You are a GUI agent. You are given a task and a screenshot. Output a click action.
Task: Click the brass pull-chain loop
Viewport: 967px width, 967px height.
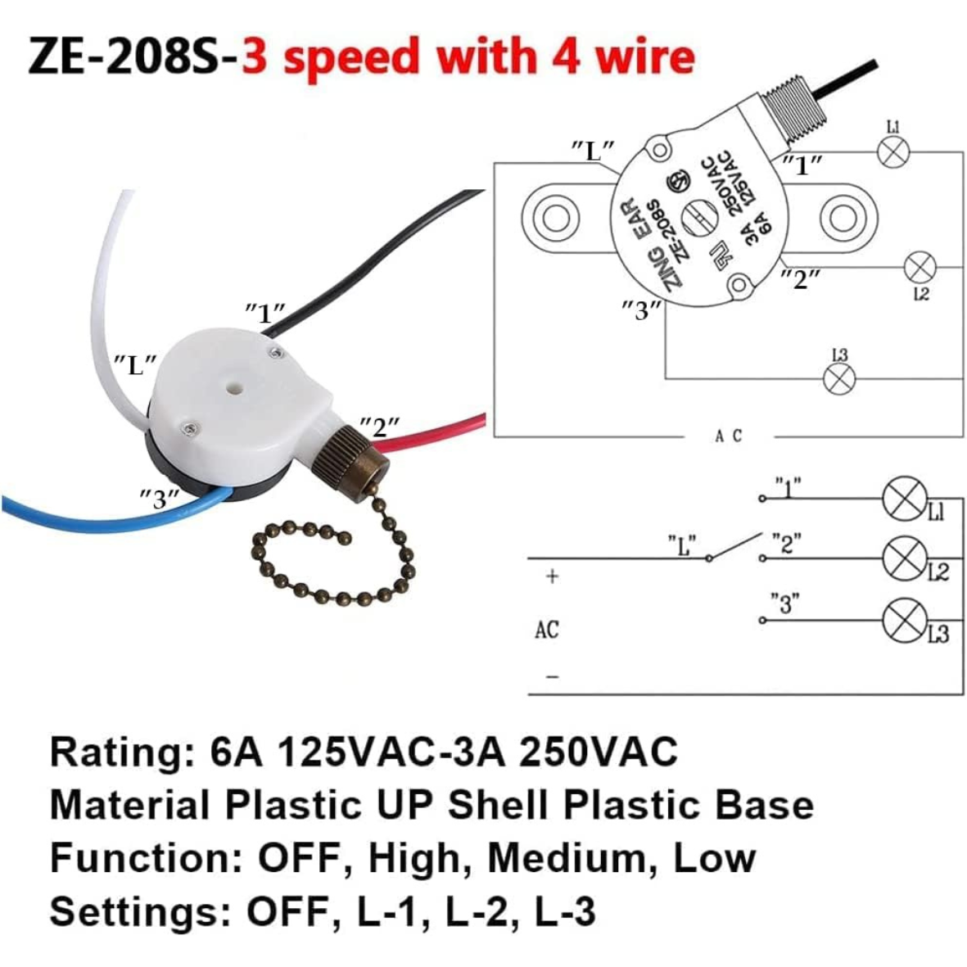pyautogui.click(x=328, y=565)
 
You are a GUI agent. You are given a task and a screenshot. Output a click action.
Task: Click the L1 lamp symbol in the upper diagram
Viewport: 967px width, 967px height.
pyautogui.click(x=892, y=151)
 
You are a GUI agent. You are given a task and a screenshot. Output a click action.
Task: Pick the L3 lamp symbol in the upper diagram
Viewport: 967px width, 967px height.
pyautogui.click(x=839, y=377)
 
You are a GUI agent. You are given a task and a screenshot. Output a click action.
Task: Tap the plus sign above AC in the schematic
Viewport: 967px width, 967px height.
pyautogui.click(x=553, y=577)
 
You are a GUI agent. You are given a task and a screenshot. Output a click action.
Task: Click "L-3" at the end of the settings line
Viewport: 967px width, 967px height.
pyautogui.click(x=564, y=911)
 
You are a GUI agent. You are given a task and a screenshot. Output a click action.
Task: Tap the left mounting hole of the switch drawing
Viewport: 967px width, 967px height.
pyautogui.click(x=558, y=217)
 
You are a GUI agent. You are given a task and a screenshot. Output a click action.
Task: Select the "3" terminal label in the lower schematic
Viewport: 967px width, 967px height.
pyautogui.click(x=785, y=604)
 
